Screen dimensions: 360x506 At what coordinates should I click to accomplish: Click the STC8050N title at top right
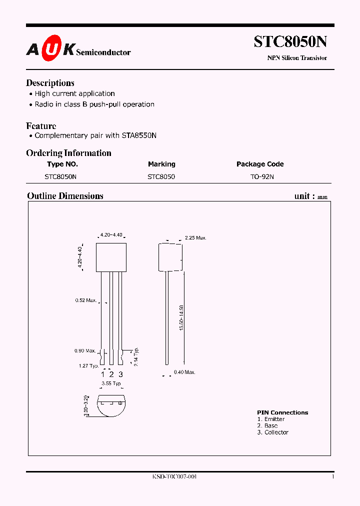pyautogui.click(x=290, y=41)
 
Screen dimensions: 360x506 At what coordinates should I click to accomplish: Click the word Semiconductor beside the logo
pyautogui.click(x=104, y=52)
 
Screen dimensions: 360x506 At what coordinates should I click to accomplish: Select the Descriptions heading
pyautogui.click(x=50, y=83)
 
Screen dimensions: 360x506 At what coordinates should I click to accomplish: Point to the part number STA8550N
pyautogui.click(x=137, y=135)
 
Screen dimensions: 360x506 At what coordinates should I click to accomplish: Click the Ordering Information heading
pyautogui.click(x=68, y=153)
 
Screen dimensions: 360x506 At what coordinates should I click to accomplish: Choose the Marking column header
pyautogui.click(x=161, y=164)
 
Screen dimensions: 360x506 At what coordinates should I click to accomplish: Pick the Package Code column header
pyautogui.click(x=260, y=164)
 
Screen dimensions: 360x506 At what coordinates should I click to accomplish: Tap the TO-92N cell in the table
pyautogui.click(x=262, y=176)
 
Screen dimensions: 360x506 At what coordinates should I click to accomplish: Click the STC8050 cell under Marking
pyautogui.click(x=161, y=176)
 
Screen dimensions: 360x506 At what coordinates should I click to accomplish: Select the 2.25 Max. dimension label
pyautogui.click(x=195, y=238)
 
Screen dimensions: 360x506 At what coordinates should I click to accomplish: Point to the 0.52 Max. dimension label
pyautogui.click(x=86, y=300)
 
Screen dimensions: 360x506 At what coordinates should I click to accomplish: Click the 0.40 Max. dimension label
pyautogui.click(x=184, y=372)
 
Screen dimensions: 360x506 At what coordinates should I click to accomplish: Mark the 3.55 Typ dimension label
pyautogui.click(x=111, y=383)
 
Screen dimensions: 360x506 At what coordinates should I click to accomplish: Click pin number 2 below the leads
pyautogui.click(x=111, y=374)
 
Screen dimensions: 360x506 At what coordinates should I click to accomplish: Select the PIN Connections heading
pyautogui.click(x=282, y=412)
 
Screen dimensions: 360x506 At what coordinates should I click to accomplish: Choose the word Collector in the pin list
pyautogui.click(x=276, y=432)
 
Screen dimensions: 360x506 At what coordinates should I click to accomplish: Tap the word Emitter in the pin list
pyautogui.click(x=274, y=419)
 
